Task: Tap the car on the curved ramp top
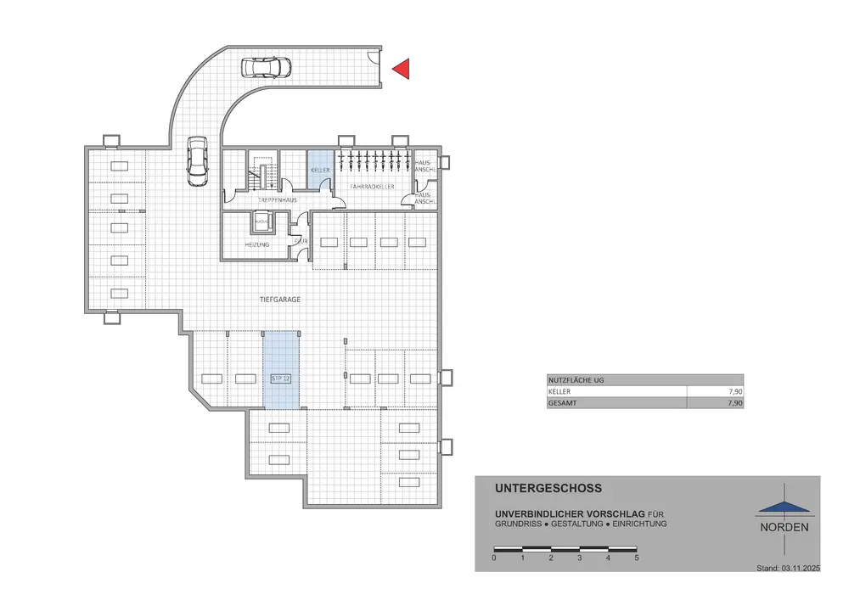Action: [266, 66]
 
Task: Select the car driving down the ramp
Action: [197, 161]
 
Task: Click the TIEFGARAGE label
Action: [280, 300]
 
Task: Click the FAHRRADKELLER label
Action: [372, 186]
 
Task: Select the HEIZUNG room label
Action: [257, 244]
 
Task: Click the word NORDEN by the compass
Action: [784, 527]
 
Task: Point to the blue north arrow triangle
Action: [784, 506]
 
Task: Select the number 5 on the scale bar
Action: [636, 558]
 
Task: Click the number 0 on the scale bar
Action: [494, 558]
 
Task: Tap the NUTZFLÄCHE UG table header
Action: [577, 380]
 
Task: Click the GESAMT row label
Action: [561, 404]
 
